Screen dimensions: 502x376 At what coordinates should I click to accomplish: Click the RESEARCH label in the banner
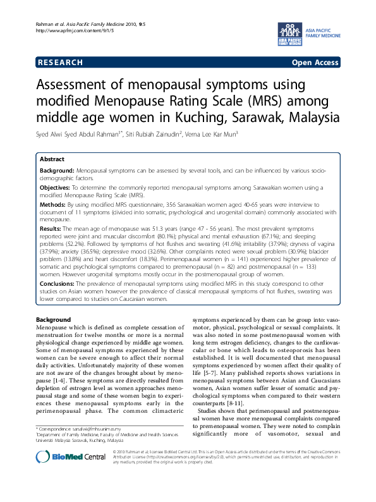tap(60, 63)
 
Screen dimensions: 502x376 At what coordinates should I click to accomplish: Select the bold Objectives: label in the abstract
tap(56, 188)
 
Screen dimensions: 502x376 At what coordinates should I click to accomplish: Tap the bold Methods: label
tap(54, 205)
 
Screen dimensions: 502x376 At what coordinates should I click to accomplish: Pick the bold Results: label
tap(52, 228)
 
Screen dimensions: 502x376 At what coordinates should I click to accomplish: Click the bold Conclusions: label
tap(59, 285)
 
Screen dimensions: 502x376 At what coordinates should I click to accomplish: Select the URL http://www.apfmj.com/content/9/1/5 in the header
tap(71, 31)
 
